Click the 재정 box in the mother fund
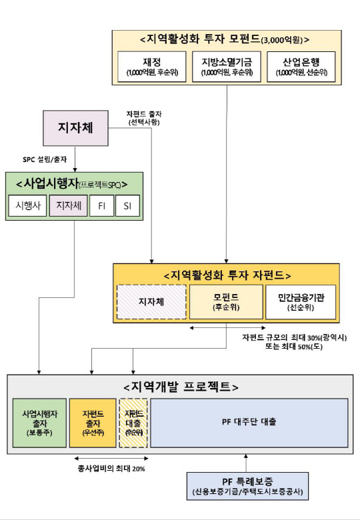pos(151,67)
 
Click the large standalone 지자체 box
pos(75,127)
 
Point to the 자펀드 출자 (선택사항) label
pos(143,118)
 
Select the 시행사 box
pos(27,206)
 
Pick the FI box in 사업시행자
pos(101,206)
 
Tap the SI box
pos(127,206)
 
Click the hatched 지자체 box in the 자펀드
pos(151,303)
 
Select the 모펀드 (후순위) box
pos(226,303)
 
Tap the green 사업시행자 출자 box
pos(39,423)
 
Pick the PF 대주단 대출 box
pos(249,423)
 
